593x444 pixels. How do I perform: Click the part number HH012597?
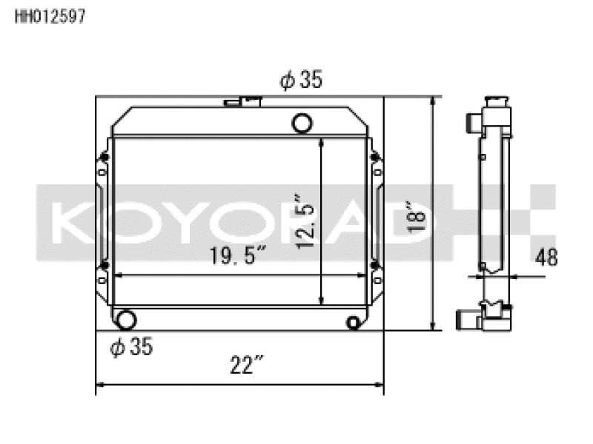pyautogui.click(x=50, y=16)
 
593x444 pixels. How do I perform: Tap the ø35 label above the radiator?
pyautogui.click(x=301, y=80)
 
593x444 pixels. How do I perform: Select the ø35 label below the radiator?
pyautogui.click(x=131, y=346)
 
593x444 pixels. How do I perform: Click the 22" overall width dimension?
pyautogui.click(x=246, y=365)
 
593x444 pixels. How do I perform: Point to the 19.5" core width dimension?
pyautogui.click(x=238, y=255)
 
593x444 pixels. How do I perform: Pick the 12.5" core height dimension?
pyautogui.click(x=305, y=221)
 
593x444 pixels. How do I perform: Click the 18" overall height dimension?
pyautogui.click(x=416, y=218)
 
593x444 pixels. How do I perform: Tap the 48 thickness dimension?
pyautogui.click(x=546, y=258)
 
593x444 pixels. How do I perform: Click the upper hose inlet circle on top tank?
pyautogui.click(x=302, y=123)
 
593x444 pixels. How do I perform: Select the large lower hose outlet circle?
pyautogui.click(x=125, y=320)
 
